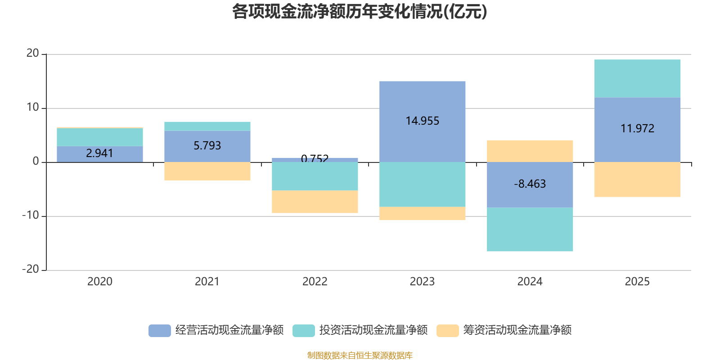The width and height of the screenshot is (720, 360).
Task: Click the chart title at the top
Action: (360, 12)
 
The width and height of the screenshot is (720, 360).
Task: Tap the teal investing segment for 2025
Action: (637, 78)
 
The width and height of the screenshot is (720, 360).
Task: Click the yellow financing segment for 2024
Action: (530, 151)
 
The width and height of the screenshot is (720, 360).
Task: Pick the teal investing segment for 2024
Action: (530, 229)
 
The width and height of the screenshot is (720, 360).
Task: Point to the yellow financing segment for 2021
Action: (207, 171)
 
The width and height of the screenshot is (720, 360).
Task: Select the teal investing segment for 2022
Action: (315, 176)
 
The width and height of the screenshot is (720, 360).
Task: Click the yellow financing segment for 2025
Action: (637, 179)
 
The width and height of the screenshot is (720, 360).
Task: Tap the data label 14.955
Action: (422, 121)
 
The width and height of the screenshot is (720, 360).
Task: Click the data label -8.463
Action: (530, 184)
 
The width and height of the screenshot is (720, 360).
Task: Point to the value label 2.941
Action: (99, 153)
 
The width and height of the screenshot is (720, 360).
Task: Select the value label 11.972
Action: (637, 128)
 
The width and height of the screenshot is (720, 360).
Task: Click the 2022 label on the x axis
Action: (315, 281)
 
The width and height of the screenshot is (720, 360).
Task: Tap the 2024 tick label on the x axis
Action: (530, 281)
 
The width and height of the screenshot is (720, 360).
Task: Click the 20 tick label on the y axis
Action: (32, 53)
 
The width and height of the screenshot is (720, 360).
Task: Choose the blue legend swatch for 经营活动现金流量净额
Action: (160, 330)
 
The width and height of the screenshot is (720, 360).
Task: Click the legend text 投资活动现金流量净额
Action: (373, 330)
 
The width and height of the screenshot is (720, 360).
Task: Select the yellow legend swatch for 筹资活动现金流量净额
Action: (448, 330)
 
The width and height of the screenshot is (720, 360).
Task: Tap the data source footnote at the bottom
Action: (360, 355)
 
